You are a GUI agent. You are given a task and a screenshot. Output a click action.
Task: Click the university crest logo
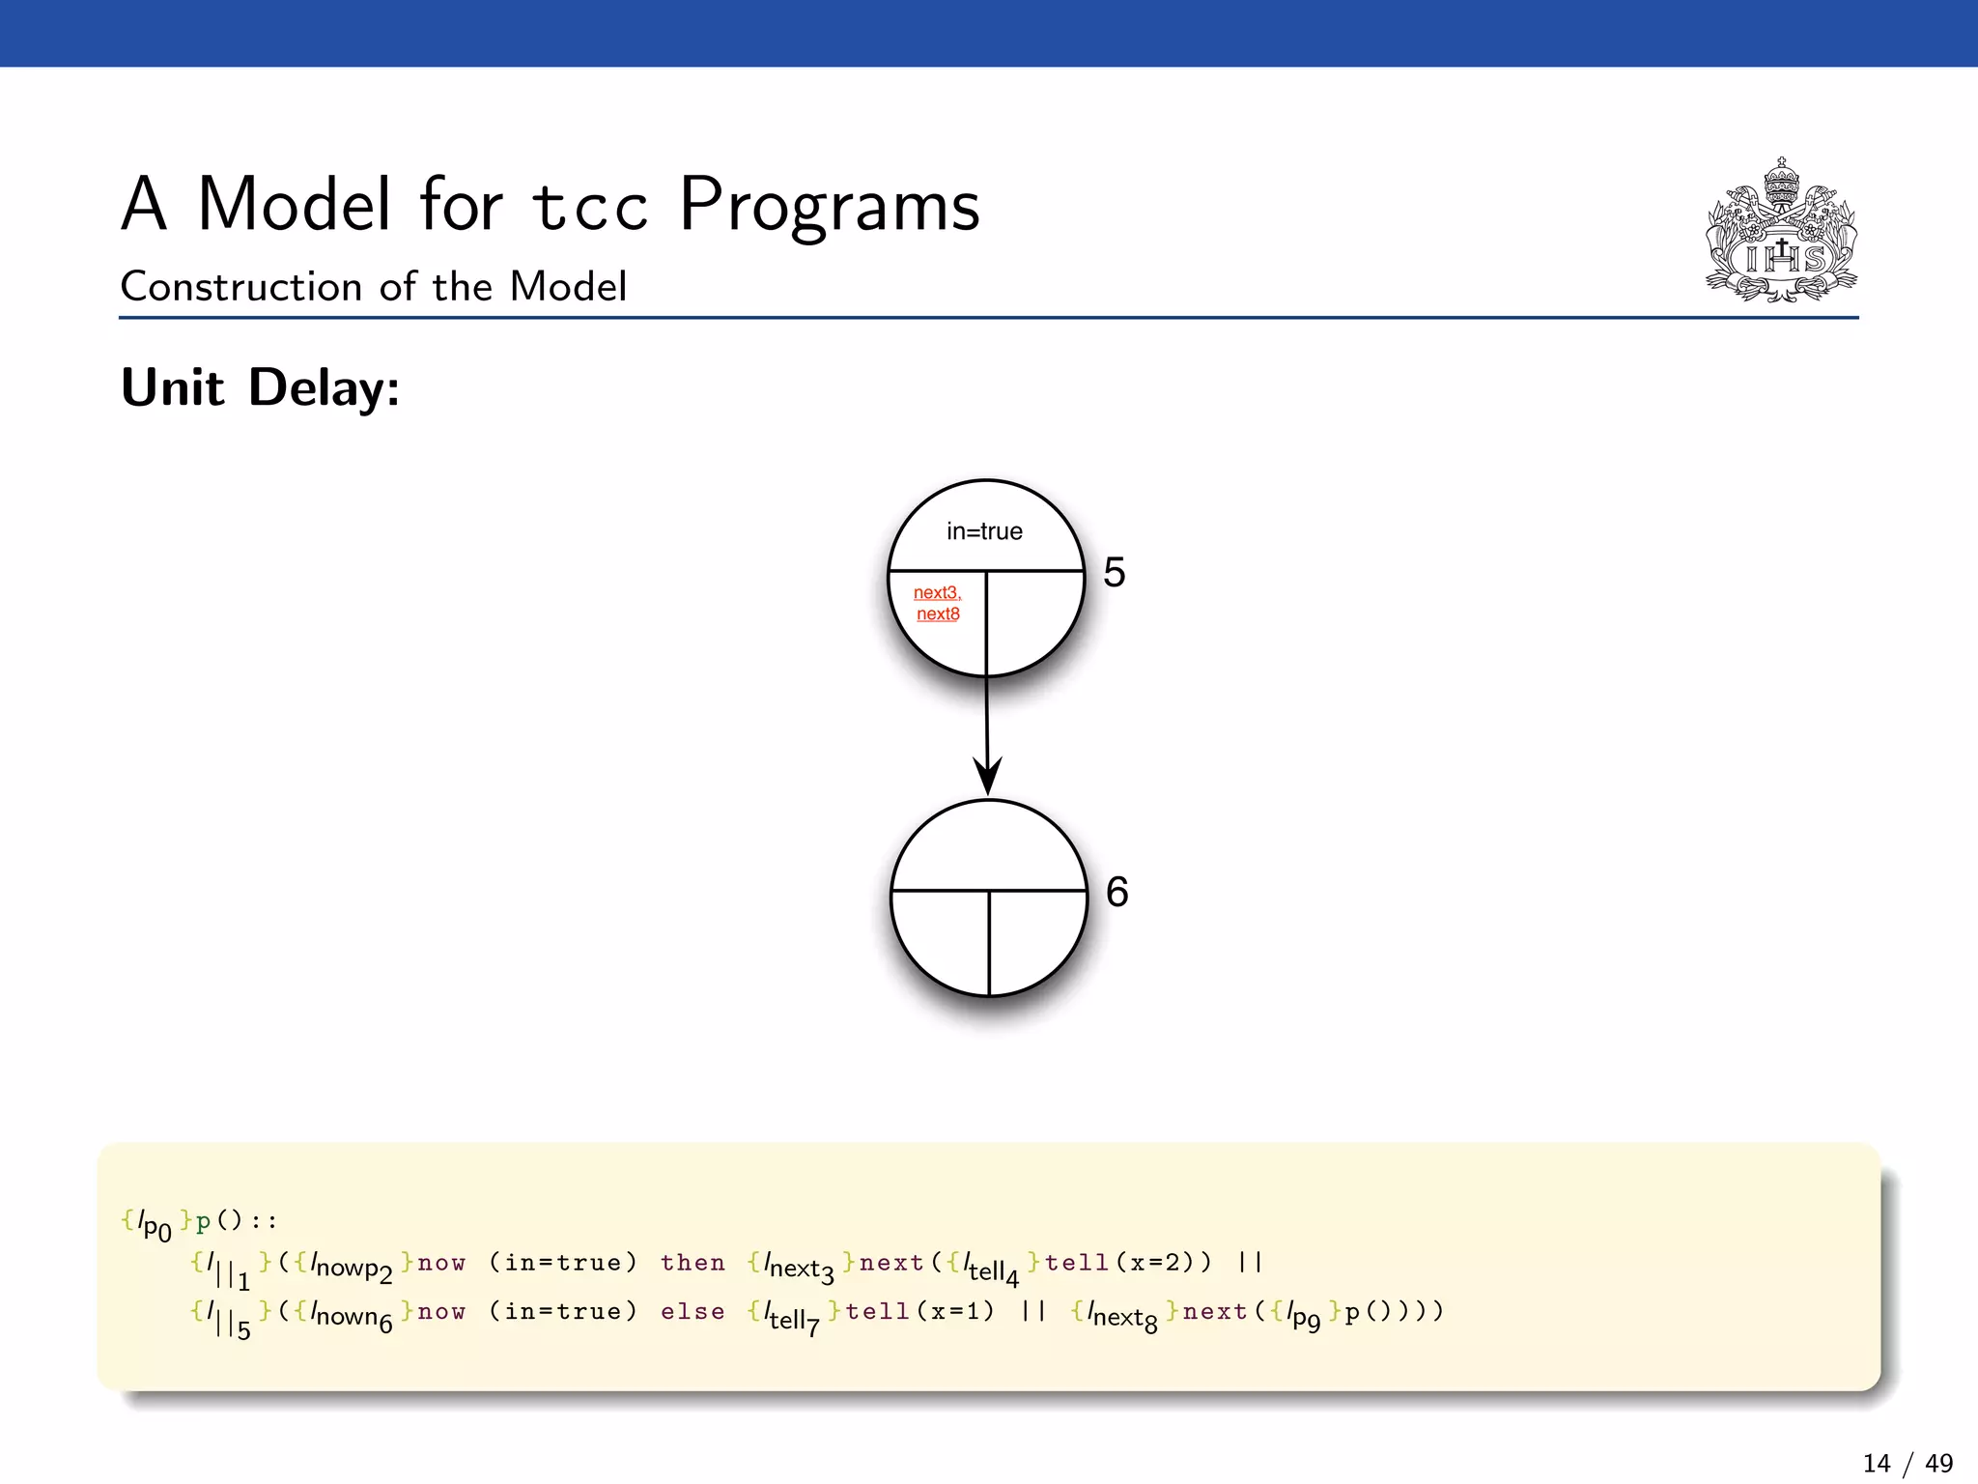tap(1781, 231)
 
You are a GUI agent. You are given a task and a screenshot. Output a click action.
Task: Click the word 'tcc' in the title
tap(589, 207)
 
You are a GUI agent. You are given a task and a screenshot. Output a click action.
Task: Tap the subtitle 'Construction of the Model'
tap(373, 287)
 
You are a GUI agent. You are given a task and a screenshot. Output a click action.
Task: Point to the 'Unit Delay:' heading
tap(260, 388)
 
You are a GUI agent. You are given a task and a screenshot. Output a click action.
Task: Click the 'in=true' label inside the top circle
tap(984, 531)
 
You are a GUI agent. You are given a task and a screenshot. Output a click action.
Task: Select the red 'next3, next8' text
tap(937, 603)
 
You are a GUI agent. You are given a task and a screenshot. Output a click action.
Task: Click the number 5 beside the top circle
tap(1115, 573)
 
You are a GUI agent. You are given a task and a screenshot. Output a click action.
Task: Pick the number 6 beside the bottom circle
tap(1117, 892)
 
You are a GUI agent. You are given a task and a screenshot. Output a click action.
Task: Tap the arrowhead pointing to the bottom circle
tap(987, 777)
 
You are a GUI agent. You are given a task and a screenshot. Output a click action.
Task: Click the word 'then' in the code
tap(692, 1263)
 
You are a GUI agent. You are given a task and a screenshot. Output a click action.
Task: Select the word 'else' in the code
tap(692, 1312)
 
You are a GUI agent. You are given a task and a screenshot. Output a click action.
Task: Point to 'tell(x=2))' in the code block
tap(1127, 1263)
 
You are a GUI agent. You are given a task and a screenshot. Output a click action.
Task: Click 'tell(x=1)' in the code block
tap(919, 1312)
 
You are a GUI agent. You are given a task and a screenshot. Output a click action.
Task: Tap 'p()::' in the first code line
tap(237, 1221)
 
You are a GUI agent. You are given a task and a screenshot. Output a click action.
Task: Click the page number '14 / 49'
tap(1907, 1464)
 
